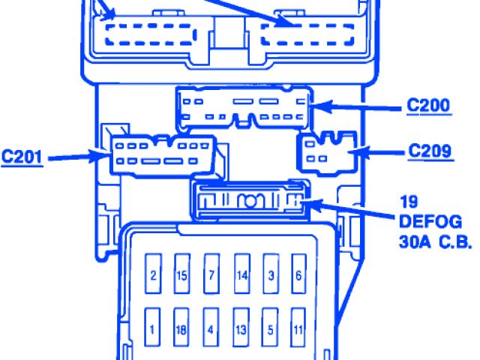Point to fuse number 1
(x=153, y=328)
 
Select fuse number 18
(x=181, y=328)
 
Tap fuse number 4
(x=211, y=328)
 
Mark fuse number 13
(x=241, y=328)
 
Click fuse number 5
(x=270, y=328)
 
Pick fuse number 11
(x=298, y=328)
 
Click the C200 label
(x=429, y=106)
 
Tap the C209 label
(x=430, y=151)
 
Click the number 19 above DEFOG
(x=408, y=202)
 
